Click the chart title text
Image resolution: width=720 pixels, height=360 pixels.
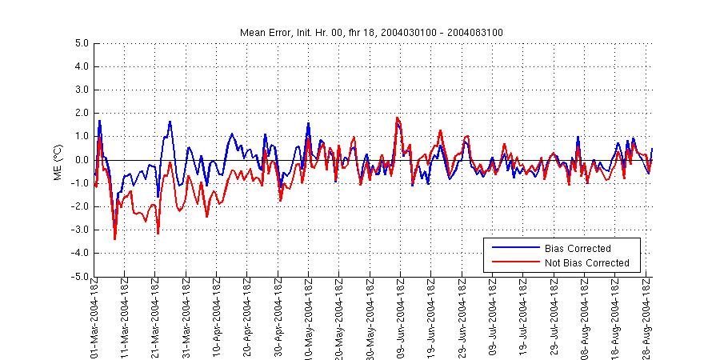pos(371,32)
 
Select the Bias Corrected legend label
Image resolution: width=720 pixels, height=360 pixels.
pos(577,248)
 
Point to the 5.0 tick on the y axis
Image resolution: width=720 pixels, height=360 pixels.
pos(80,43)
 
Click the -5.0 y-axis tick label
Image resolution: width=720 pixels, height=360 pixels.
pos(78,277)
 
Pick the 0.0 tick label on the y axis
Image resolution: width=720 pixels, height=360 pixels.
pos(80,160)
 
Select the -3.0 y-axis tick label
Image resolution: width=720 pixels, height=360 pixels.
pos(78,230)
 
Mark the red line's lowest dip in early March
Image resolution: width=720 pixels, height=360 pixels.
pos(115,238)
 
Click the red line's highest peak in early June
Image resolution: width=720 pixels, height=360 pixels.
pos(397,118)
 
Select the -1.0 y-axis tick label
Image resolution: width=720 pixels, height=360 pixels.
pos(78,183)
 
